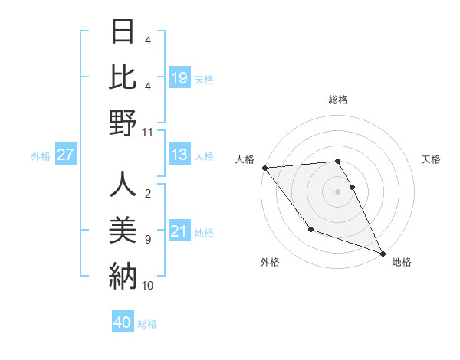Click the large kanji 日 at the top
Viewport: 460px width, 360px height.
point(123,31)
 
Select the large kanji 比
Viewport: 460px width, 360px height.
point(123,77)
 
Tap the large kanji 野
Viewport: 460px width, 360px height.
point(123,123)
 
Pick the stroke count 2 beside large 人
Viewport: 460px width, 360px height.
point(147,194)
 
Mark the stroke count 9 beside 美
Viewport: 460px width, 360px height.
point(147,240)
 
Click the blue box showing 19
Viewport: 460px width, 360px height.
point(179,77)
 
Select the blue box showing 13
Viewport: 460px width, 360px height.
point(179,155)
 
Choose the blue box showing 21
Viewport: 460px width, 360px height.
point(179,231)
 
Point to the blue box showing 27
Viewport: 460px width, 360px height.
point(65,155)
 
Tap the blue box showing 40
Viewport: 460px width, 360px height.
point(123,322)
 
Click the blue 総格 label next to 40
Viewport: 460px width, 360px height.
point(147,324)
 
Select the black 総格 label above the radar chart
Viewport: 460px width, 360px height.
point(337,100)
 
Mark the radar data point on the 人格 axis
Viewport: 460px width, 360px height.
point(264,168)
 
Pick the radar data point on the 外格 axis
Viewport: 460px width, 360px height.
point(310,229)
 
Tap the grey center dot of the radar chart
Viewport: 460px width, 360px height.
point(337,191)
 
